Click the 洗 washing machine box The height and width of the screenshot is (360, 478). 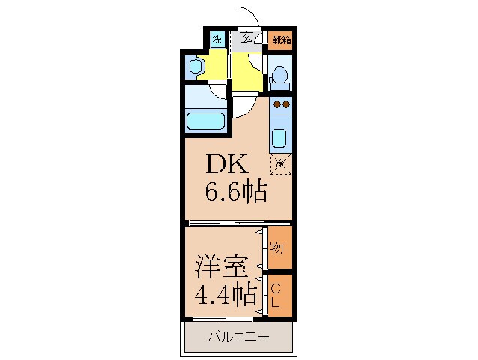(x=217, y=40)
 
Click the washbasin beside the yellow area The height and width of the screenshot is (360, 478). (x=196, y=67)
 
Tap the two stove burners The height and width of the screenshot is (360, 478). (x=281, y=103)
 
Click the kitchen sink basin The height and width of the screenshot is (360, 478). (x=279, y=139)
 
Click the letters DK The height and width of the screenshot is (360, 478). (x=223, y=163)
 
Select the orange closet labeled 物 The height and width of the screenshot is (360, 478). (x=276, y=247)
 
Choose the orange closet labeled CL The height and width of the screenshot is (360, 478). (x=276, y=295)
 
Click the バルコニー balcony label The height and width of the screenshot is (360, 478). (x=238, y=337)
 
